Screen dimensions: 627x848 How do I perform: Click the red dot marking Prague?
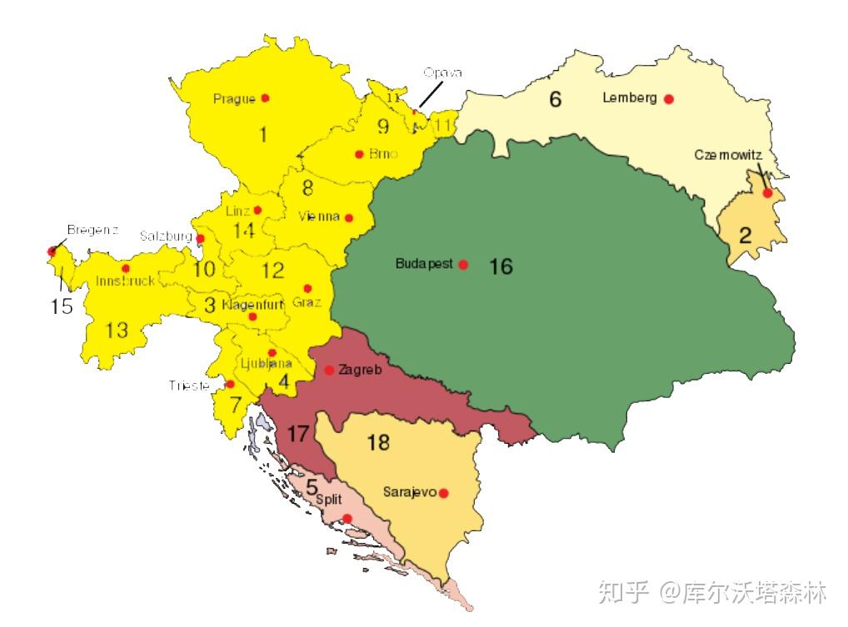[265, 97]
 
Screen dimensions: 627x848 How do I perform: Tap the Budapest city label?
[424, 264]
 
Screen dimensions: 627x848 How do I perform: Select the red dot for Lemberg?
[668, 99]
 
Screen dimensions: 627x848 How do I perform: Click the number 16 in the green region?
[501, 266]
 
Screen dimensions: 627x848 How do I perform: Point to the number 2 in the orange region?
[745, 235]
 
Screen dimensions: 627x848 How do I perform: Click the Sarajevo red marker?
[443, 493]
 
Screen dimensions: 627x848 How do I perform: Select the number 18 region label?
[378, 442]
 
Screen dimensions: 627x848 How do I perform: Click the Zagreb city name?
[360, 370]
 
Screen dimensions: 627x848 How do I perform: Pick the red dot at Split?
[347, 519]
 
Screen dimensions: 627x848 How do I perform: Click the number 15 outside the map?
[62, 306]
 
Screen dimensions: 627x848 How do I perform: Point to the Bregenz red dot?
[52, 251]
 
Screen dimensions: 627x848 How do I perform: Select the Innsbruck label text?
[125, 281]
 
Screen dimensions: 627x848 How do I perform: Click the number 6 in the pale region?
[555, 100]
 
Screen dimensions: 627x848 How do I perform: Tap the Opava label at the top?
[441, 72]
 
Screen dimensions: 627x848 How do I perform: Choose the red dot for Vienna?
[349, 218]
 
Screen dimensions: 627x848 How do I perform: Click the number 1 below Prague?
[263, 134]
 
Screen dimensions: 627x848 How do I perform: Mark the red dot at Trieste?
[230, 384]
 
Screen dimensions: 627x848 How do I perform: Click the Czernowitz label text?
[728, 155]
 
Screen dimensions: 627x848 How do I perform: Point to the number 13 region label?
[117, 331]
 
